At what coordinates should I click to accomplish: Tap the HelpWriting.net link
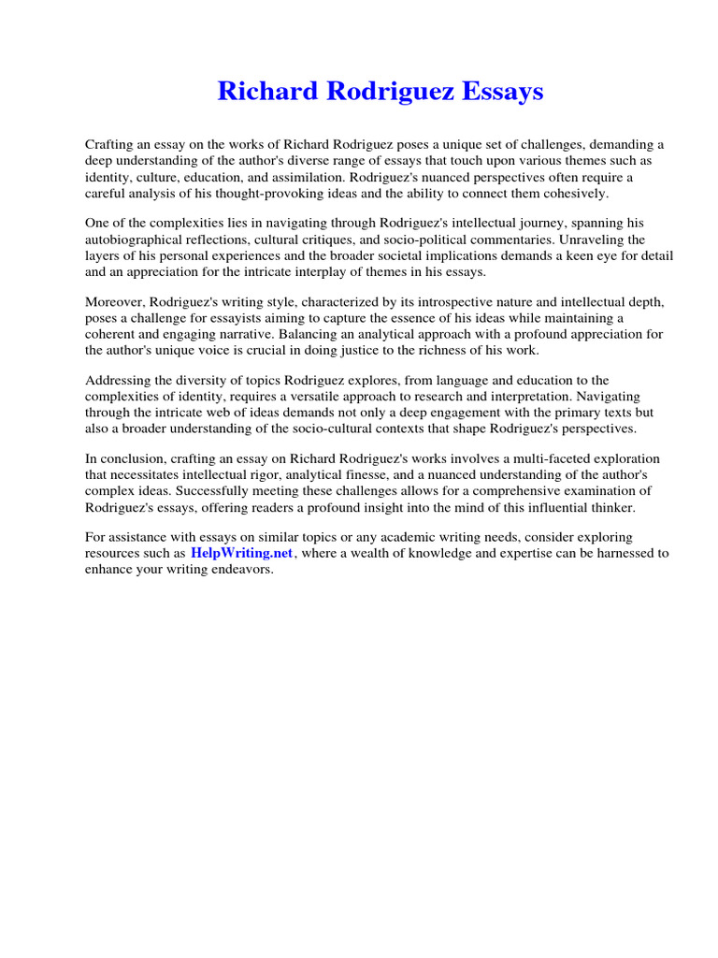tap(242, 553)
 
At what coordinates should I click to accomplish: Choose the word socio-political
tap(445, 239)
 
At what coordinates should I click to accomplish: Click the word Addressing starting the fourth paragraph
tap(119, 381)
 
